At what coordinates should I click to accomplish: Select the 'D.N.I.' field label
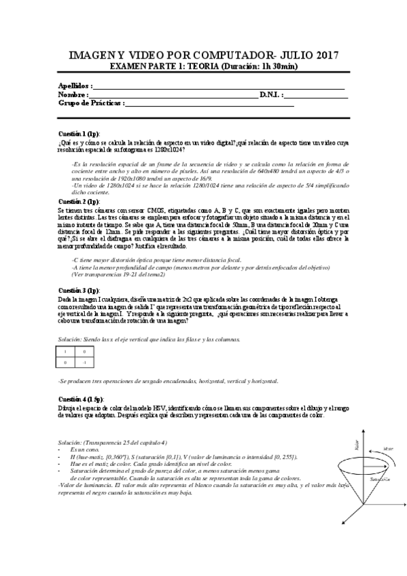270,95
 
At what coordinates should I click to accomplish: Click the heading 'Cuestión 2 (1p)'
79,202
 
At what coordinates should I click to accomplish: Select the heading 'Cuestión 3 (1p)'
79,290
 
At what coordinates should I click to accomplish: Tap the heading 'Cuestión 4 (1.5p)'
81,398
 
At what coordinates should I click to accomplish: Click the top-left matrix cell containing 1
66,352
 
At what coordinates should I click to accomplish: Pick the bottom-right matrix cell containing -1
84,363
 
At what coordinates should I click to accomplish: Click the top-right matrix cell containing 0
84,352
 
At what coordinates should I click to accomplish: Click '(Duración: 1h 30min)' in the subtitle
259,66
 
